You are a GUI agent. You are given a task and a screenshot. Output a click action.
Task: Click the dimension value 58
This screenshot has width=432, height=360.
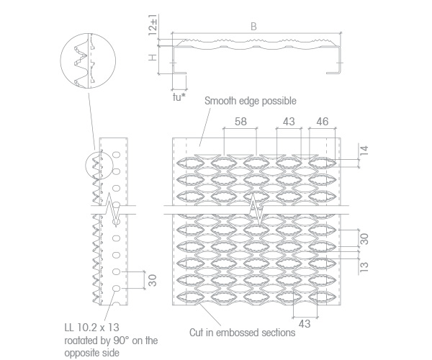(240, 122)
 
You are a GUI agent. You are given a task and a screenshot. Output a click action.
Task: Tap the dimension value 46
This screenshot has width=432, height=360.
(323, 122)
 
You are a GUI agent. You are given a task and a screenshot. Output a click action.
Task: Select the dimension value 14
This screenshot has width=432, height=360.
(364, 151)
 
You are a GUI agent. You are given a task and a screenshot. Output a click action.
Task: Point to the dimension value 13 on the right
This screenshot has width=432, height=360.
(364, 266)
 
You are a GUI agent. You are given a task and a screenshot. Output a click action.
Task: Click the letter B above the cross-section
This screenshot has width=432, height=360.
(253, 27)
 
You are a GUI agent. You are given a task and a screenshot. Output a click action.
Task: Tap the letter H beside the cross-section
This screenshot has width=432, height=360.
(153, 58)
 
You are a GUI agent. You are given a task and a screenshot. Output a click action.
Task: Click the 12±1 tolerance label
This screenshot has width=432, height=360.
(153, 24)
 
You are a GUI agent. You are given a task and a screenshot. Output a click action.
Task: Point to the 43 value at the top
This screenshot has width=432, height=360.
(289, 122)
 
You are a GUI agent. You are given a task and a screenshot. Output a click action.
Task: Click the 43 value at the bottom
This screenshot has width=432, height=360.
(305, 324)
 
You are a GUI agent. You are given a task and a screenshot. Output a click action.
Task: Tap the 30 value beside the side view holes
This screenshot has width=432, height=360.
(153, 280)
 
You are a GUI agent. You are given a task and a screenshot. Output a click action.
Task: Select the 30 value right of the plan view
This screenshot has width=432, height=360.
(364, 239)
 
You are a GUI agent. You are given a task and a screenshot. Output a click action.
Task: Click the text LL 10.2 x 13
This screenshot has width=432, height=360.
(91, 328)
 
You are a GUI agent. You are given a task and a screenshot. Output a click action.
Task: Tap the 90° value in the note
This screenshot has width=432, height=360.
(121, 341)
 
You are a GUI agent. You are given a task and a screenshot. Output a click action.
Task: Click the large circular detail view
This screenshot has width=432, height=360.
(88, 60)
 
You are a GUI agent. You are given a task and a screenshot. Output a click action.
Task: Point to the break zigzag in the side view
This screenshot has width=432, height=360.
(113, 210)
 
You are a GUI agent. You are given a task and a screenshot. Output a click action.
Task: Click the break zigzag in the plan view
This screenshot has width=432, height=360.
(256, 210)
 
